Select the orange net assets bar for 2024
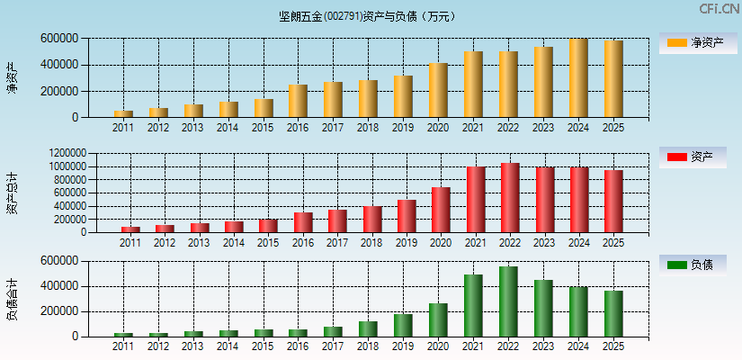point(578,78)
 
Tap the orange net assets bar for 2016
point(298,101)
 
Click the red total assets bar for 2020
point(441,210)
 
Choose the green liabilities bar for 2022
point(508,301)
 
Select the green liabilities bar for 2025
point(613,314)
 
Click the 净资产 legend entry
point(693,42)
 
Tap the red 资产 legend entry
point(693,157)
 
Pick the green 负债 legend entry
point(693,265)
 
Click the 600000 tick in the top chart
point(59,39)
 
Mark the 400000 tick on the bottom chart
point(59,286)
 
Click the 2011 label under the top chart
point(123,128)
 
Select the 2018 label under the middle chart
point(372,243)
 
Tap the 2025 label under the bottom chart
point(612,347)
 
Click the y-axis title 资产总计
point(13,193)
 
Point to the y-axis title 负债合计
point(13,299)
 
